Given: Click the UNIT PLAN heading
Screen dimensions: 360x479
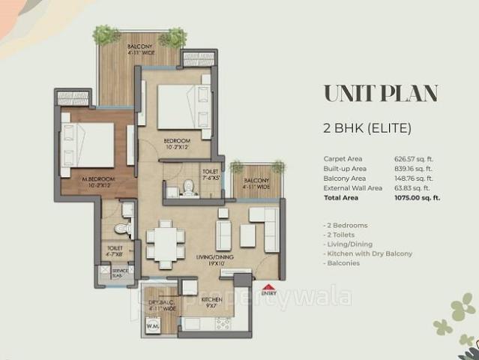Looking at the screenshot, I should point(381,94).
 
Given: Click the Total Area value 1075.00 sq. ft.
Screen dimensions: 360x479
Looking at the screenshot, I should point(417,198).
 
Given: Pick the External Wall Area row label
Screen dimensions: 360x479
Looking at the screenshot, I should point(352,188).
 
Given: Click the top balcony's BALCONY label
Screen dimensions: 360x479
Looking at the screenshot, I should point(139,46).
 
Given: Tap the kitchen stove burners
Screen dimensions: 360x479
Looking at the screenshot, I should point(223,324).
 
